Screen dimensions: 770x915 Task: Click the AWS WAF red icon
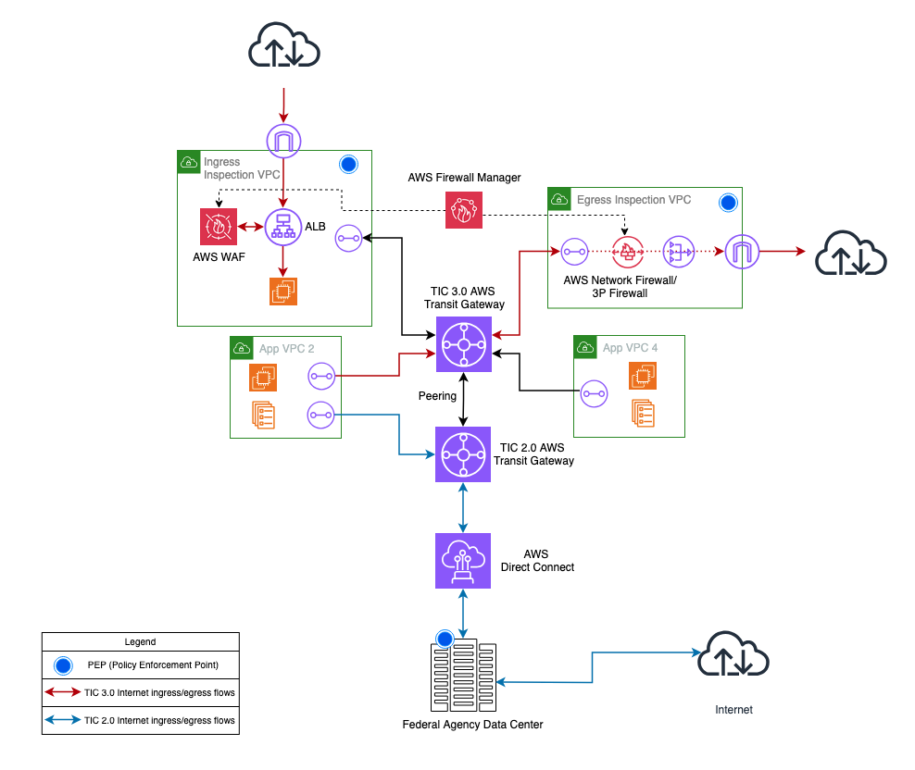[219, 227]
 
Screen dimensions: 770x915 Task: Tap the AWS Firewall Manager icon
[463, 209]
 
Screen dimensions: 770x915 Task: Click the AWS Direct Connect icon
[463, 561]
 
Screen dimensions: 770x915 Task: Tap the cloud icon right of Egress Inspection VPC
[850, 251]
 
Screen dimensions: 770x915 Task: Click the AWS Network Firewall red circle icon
[627, 251]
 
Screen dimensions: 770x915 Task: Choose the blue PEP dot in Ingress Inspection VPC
[348, 165]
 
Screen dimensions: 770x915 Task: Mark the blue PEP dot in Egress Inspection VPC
[728, 201]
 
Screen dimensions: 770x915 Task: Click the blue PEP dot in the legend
[62, 664]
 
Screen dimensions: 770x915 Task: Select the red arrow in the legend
[62, 691]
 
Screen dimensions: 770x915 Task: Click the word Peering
[437, 396]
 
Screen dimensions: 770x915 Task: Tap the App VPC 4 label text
[630, 348]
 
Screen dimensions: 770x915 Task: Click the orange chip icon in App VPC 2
[263, 378]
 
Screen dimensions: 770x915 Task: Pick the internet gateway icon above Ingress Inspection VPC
[283, 140]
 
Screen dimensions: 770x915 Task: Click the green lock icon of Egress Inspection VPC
[558, 199]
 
